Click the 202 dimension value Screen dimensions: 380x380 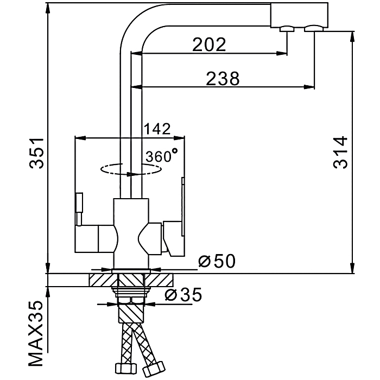tap(209, 45)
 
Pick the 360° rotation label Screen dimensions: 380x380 tap(161, 156)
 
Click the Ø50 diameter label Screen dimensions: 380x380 tap(217, 262)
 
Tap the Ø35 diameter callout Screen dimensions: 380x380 tap(183, 295)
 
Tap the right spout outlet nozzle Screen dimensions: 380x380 tap(314, 29)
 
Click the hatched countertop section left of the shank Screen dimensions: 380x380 tap(100, 280)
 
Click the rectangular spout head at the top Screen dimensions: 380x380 tap(299, 13)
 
